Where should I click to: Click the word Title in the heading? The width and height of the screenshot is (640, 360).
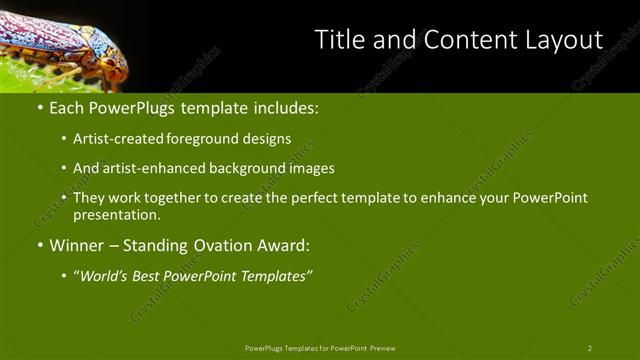338,40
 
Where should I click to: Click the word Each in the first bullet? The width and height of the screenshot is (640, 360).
67,107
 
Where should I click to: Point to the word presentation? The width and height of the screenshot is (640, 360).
116,214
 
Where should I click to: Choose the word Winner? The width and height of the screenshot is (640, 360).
78,245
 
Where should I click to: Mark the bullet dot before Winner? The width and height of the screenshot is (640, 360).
39,245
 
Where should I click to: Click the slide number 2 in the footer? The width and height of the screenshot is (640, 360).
589,348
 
